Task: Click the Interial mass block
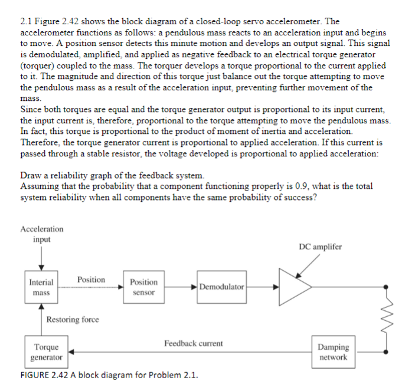point(41,287)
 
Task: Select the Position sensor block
point(143,287)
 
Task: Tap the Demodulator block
point(221,287)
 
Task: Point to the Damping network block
point(334,352)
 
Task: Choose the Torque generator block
point(47,353)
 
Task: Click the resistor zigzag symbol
point(387,319)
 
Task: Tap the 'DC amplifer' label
point(319,246)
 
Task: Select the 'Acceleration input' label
point(41,234)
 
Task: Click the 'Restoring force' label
point(73,319)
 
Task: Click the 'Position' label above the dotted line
point(91,279)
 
